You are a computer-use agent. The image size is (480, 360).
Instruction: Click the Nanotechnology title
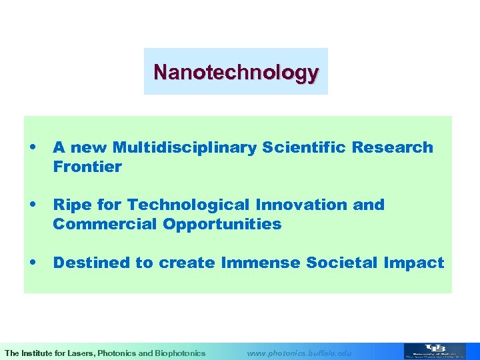coord(235,71)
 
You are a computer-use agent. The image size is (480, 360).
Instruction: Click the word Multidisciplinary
coord(185,147)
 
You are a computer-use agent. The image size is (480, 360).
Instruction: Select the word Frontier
coord(87,167)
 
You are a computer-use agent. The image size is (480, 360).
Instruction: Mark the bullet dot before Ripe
coord(33,205)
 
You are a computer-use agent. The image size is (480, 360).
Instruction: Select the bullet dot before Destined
coord(33,263)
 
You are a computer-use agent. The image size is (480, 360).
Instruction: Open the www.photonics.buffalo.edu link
coord(299,353)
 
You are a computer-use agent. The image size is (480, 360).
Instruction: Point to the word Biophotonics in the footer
coord(180,353)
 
